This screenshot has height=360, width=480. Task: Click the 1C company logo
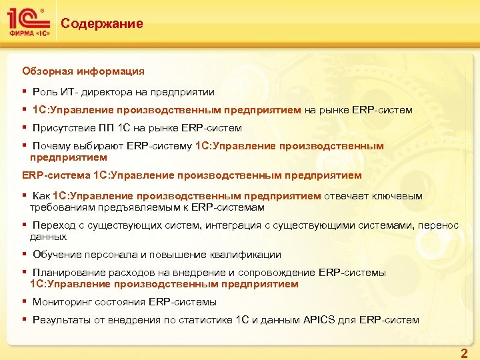[27, 23]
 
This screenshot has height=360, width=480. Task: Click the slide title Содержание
[101, 24]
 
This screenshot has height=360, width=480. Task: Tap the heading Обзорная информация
[83, 70]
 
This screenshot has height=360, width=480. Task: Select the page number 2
[464, 352]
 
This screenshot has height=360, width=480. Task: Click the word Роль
[45, 91]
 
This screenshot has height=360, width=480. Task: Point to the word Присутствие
[63, 127]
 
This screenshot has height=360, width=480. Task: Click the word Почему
[52, 145]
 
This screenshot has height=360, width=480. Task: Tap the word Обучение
[57, 254]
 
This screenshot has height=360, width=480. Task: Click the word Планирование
[68, 272]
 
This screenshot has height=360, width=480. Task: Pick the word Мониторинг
[61, 301]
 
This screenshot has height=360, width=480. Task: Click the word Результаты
[62, 319]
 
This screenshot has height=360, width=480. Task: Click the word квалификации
[245, 254]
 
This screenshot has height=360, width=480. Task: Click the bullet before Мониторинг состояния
[24, 301]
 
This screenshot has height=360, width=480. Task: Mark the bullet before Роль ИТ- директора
[24, 91]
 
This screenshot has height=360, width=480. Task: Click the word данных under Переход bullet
[48, 236]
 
